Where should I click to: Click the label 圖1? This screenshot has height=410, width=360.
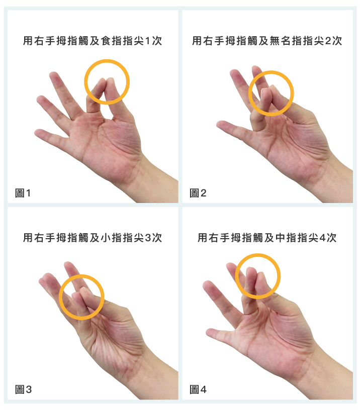pos(23,193)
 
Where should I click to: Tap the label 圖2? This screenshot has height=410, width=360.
pos(198,193)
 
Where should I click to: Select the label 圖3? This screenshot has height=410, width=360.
pos(23,389)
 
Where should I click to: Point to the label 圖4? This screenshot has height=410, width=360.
pos(198,389)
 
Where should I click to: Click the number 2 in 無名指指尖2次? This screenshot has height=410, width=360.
pos(328,41)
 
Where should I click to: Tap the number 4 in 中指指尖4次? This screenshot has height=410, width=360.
pos(323,238)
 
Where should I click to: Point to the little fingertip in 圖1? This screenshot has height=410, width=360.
pos(38,133)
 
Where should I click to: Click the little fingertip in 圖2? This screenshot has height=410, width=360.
pos(220,124)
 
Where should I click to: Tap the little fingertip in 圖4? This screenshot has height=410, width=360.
pos(210,333)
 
